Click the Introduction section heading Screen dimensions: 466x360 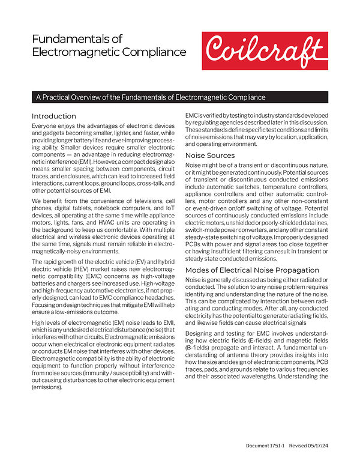[54, 116]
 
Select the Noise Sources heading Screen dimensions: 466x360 [210, 155]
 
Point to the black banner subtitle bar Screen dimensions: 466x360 [180, 97]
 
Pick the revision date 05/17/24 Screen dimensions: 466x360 [316, 445]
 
